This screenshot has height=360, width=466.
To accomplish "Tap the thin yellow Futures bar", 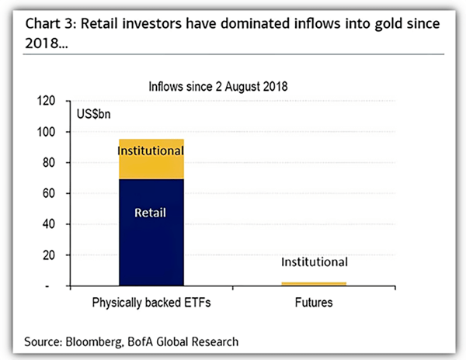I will [x=313, y=284].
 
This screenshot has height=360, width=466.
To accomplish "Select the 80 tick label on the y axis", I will [x=50, y=163].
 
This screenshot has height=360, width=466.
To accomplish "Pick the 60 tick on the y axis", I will [x=50, y=194].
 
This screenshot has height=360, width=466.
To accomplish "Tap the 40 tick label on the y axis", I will [x=50, y=224].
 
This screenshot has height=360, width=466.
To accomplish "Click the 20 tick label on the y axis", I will [x=50, y=255].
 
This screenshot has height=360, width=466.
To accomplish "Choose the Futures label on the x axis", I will [x=314, y=303].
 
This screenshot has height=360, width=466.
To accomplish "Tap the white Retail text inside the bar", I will [x=151, y=210].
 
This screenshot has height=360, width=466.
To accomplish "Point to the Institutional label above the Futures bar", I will [x=314, y=262].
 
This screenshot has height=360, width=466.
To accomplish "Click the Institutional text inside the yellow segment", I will [x=151, y=150].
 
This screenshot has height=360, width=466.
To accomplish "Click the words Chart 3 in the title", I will [x=51, y=22].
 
